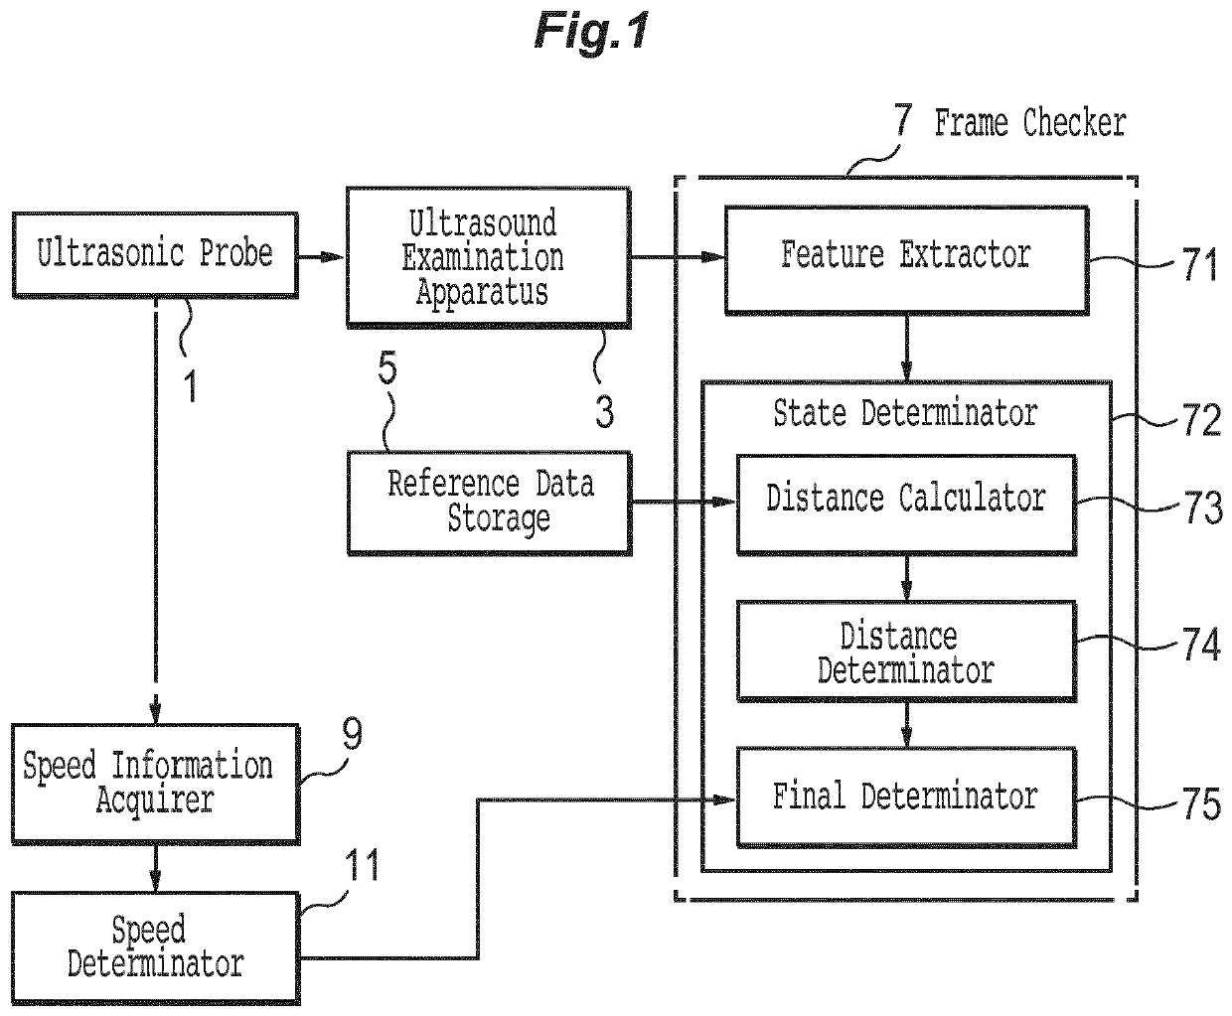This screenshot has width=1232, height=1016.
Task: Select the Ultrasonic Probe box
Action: pyautogui.click(x=155, y=255)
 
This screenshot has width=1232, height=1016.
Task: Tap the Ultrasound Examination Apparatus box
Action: pyautogui.click(x=489, y=257)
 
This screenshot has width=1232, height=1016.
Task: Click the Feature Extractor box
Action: pyautogui.click(x=906, y=259)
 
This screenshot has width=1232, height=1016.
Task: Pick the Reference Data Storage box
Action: pyautogui.click(x=490, y=504)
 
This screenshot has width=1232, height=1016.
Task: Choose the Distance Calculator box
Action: pyautogui.click(x=906, y=505)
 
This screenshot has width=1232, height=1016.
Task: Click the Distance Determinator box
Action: pyautogui.click(x=906, y=652)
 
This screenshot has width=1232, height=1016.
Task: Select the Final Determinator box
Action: pyautogui.click(x=906, y=798)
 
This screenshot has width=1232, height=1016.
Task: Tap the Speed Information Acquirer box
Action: pyautogui.click(x=155, y=784)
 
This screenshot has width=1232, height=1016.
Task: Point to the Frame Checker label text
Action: pyautogui.click(x=1030, y=123)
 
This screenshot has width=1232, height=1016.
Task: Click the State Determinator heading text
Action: pyautogui.click(x=905, y=413)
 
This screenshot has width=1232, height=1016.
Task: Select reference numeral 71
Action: pyautogui.click(x=1199, y=264)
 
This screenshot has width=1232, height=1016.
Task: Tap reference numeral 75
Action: pyautogui.click(x=1201, y=803)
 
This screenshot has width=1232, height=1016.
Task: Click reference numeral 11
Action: pyautogui.click(x=361, y=865)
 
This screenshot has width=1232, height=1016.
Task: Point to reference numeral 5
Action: pyautogui.click(x=387, y=367)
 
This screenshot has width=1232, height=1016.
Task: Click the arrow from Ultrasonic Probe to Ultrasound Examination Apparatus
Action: pyautogui.click(x=320, y=256)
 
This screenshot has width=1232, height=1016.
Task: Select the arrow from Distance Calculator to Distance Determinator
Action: pyautogui.click(x=906, y=578)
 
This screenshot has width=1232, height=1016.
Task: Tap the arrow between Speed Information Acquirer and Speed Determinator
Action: pyautogui.click(x=155, y=867)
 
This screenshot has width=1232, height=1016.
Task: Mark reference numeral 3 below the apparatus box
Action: pyautogui.click(x=604, y=411)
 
